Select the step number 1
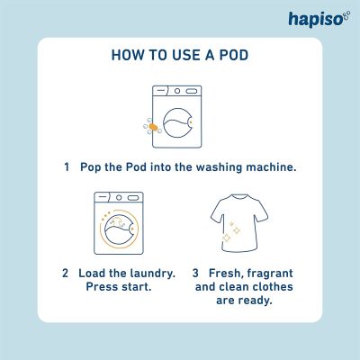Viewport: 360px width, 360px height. tap(67, 167)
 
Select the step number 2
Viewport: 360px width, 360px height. tap(65, 273)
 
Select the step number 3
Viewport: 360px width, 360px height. tap(195, 273)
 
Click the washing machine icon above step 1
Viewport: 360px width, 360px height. tap(178, 116)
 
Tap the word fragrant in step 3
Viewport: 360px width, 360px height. tap(274, 273)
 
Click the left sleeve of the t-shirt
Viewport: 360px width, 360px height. tap(214, 210)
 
